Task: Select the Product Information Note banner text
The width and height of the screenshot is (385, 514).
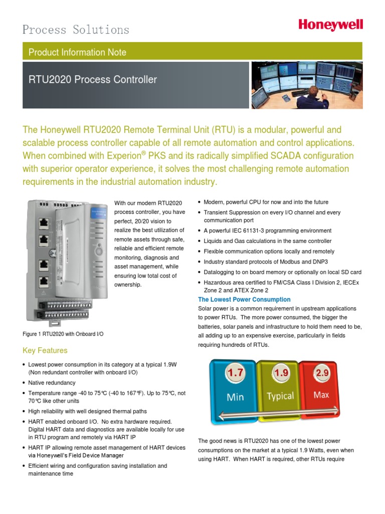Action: (x=77, y=52)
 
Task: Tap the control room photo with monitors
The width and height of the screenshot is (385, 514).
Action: (x=307, y=85)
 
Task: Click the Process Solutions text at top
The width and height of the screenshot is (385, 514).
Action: (x=76, y=30)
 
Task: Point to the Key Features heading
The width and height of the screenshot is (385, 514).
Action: (x=45, y=350)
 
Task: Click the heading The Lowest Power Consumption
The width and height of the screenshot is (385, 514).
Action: (x=244, y=300)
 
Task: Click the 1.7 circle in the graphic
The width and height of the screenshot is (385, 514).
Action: (x=235, y=373)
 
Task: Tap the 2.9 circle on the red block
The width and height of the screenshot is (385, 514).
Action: (x=321, y=373)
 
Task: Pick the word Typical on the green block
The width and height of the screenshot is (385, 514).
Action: (x=280, y=396)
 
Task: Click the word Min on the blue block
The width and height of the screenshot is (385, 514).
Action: (x=235, y=397)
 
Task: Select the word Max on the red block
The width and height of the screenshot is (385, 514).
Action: (x=321, y=395)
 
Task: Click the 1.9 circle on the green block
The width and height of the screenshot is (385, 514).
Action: (x=281, y=373)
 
